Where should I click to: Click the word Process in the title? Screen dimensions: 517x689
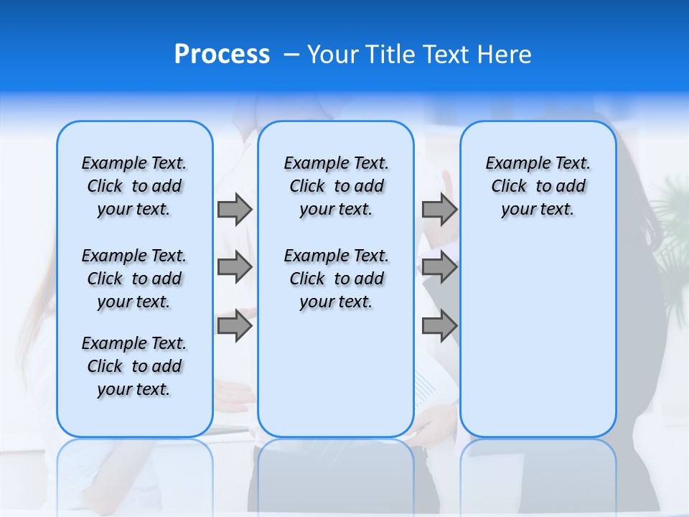click(222, 55)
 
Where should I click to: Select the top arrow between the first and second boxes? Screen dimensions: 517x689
click(235, 209)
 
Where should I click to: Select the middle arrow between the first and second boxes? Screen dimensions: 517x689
click(235, 267)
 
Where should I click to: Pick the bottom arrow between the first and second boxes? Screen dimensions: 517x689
click(235, 325)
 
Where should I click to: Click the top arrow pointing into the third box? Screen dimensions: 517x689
click(439, 209)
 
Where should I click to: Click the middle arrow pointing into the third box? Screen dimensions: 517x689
click(439, 267)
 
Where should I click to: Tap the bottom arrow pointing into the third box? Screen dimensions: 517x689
click(439, 325)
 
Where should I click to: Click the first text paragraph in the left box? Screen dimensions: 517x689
click(134, 186)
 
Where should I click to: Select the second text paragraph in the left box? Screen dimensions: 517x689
click(134, 279)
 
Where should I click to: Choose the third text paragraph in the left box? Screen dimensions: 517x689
click(134, 366)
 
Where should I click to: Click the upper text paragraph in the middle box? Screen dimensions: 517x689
click(336, 186)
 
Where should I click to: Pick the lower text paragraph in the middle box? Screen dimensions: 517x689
click(336, 279)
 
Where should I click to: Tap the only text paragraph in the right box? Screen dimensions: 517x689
click(538, 186)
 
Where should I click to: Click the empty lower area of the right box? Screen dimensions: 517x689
click(538, 345)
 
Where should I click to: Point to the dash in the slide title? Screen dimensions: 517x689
click(291, 55)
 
